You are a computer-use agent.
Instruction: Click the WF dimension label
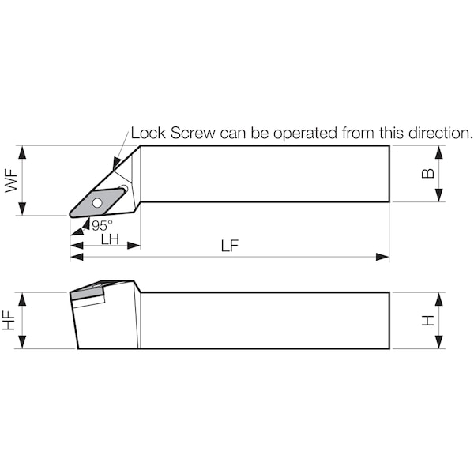tap(12, 180)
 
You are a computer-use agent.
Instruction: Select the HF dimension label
tap(9, 321)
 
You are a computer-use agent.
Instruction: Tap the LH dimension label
tap(110, 239)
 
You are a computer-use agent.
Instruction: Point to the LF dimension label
tap(230, 246)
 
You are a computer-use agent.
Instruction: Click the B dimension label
tap(427, 174)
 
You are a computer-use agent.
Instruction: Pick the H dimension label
tap(427, 321)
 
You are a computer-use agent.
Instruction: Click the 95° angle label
tap(102, 225)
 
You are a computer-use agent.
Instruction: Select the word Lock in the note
tap(149, 133)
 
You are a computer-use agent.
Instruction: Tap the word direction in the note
tap(441, 133)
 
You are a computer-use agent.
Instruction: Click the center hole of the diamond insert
tap(97, 202)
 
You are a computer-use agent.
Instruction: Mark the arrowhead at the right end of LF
tap(382, 257)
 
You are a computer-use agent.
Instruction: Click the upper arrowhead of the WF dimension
tap(22, 152)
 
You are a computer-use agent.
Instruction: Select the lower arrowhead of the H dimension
tap(439, 341)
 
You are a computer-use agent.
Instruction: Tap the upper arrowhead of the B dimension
tap(439, 152)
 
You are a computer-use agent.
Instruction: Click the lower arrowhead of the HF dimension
tap(22, 341)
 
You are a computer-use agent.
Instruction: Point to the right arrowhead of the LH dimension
tap(134, 246)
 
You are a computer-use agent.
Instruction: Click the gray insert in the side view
tap(88, 291)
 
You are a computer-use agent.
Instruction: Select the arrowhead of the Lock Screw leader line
tap(116, 164)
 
